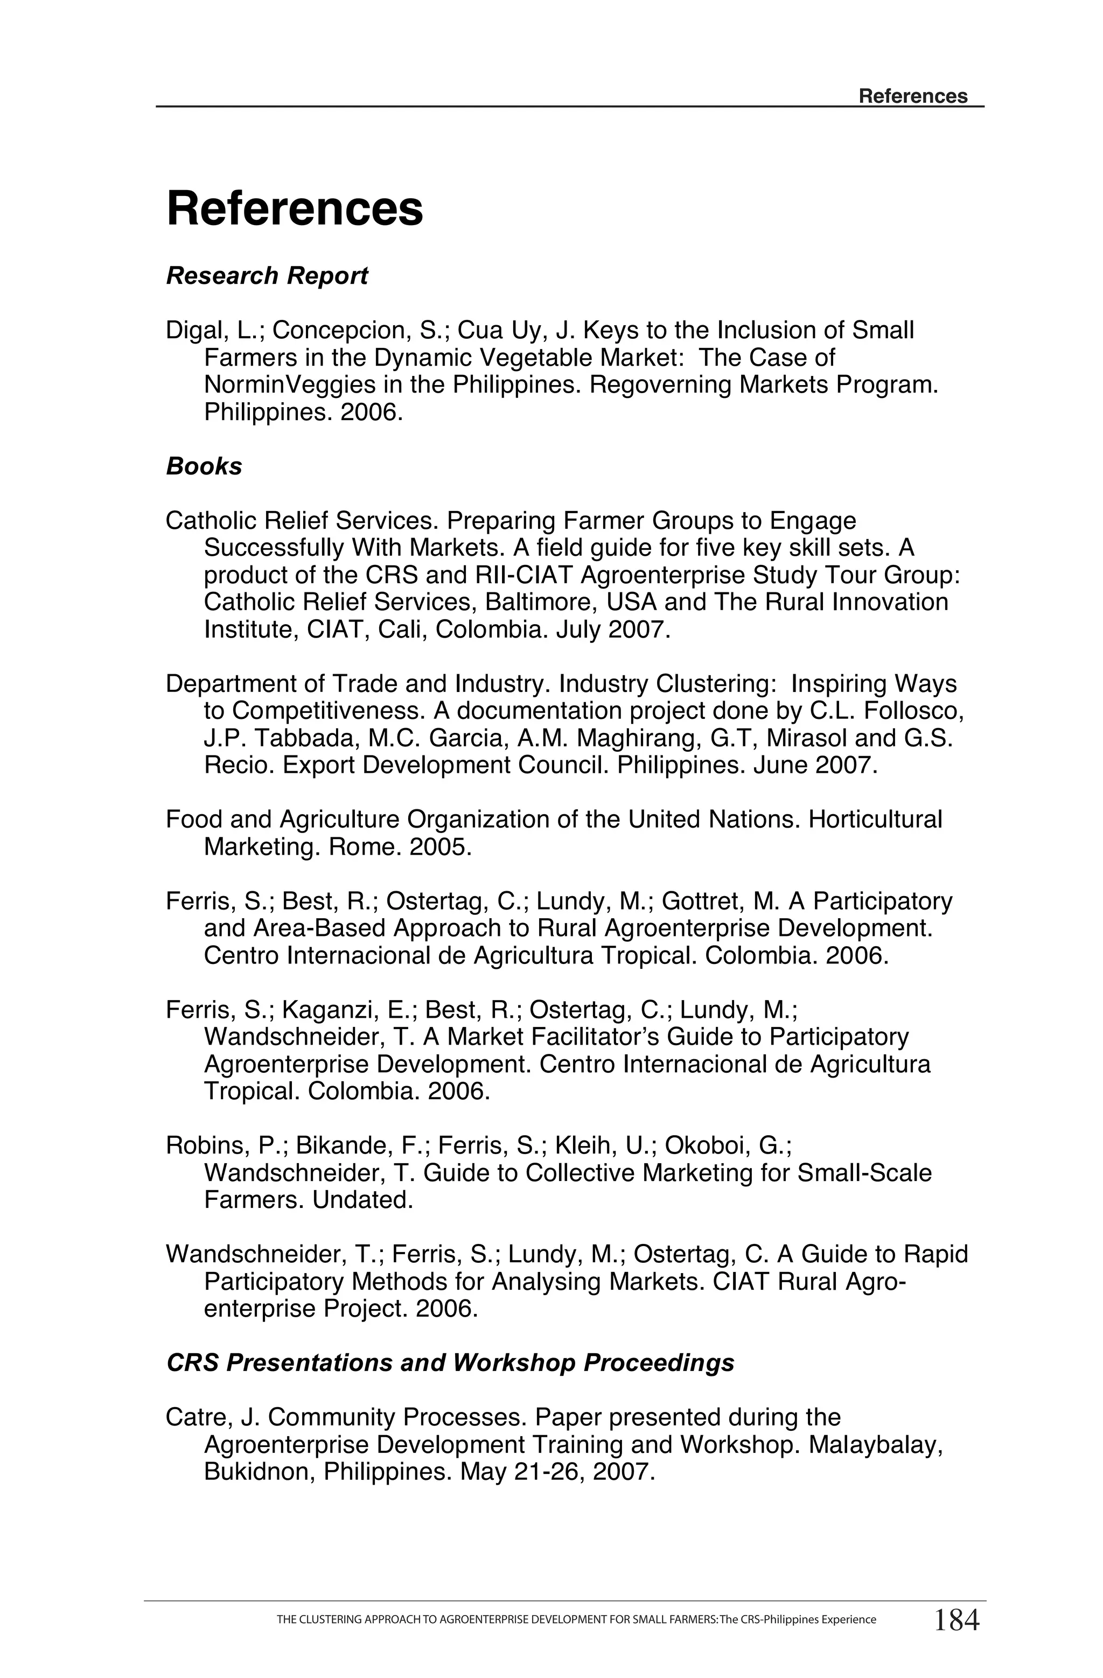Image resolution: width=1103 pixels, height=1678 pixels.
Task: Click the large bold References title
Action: (x=294, y=209)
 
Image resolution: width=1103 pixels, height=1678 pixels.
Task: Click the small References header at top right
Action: (x=912, y=96)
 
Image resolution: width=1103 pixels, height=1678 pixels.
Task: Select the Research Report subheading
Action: (x=267, y=276)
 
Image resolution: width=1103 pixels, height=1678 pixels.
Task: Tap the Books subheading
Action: (x=204, y=466)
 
